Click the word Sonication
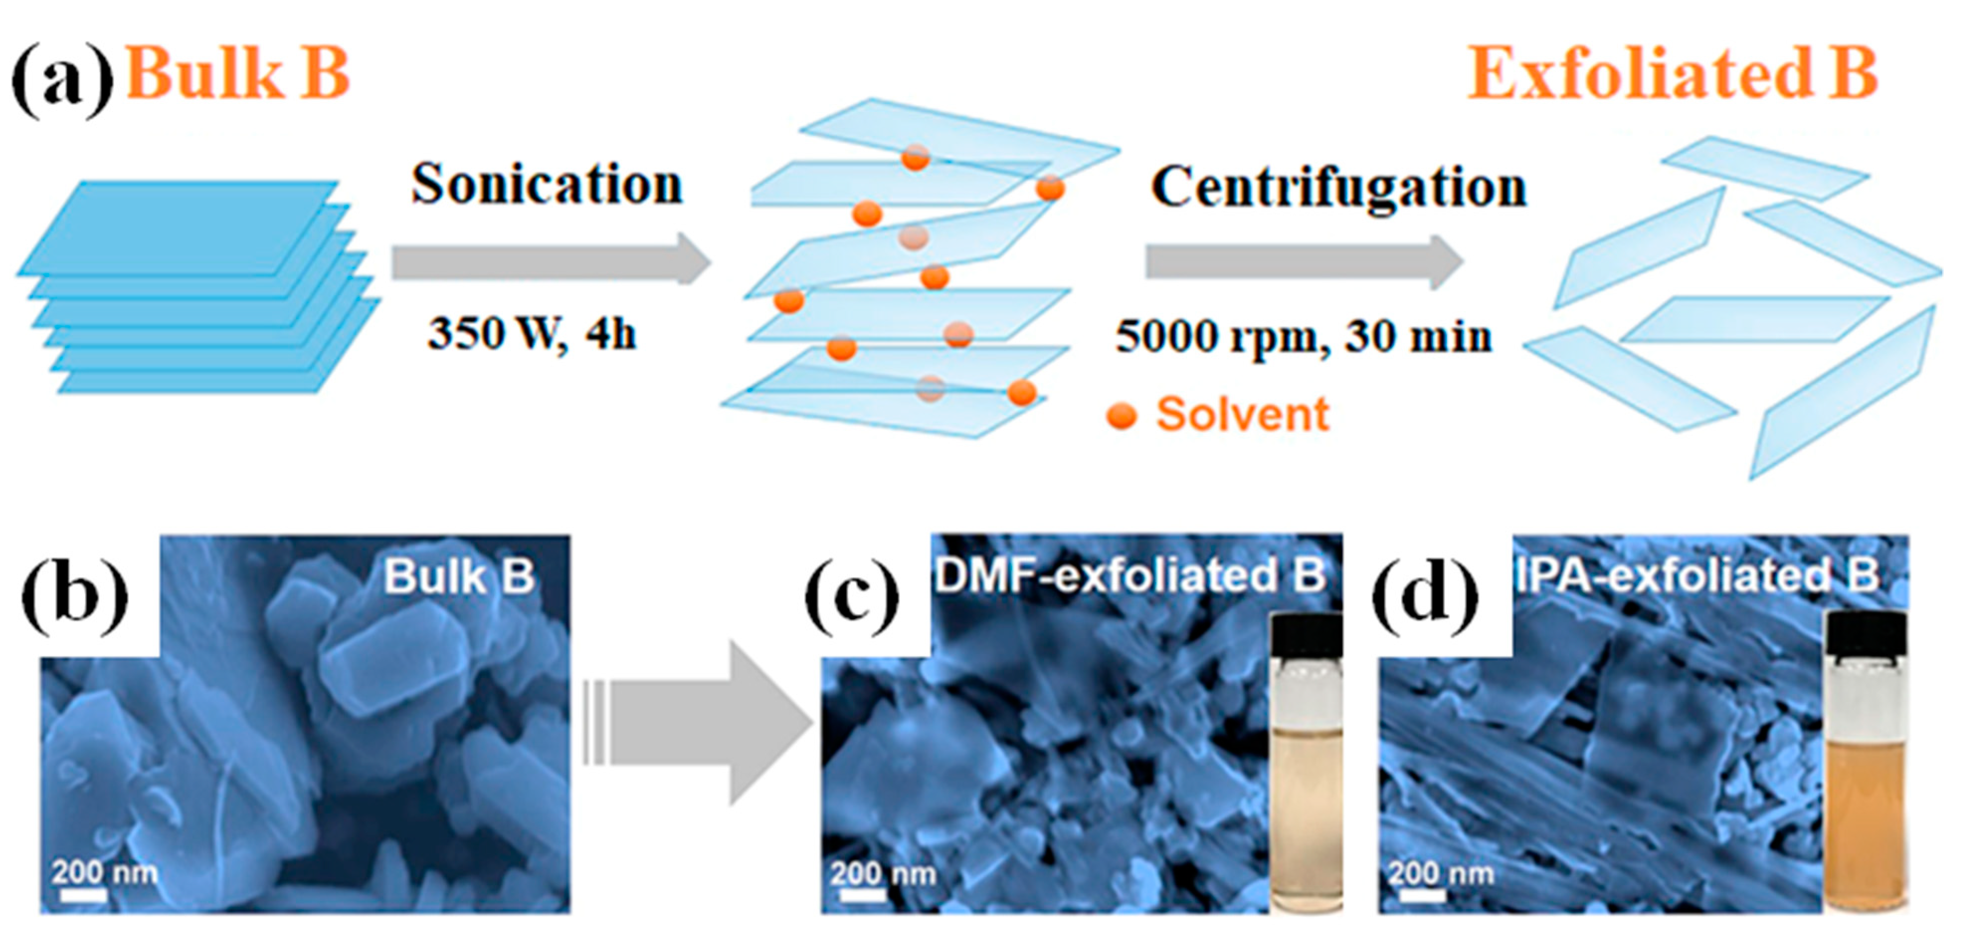point(547,186)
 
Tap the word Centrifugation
point(1338,188)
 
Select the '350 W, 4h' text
point(532,334)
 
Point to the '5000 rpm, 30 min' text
point(1304,336)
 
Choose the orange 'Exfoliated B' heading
point(1672,74)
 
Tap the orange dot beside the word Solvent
point(1122,416)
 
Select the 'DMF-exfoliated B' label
point(1130,576)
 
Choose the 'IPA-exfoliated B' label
point(1696,576)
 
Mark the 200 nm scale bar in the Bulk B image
point(83,894)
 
